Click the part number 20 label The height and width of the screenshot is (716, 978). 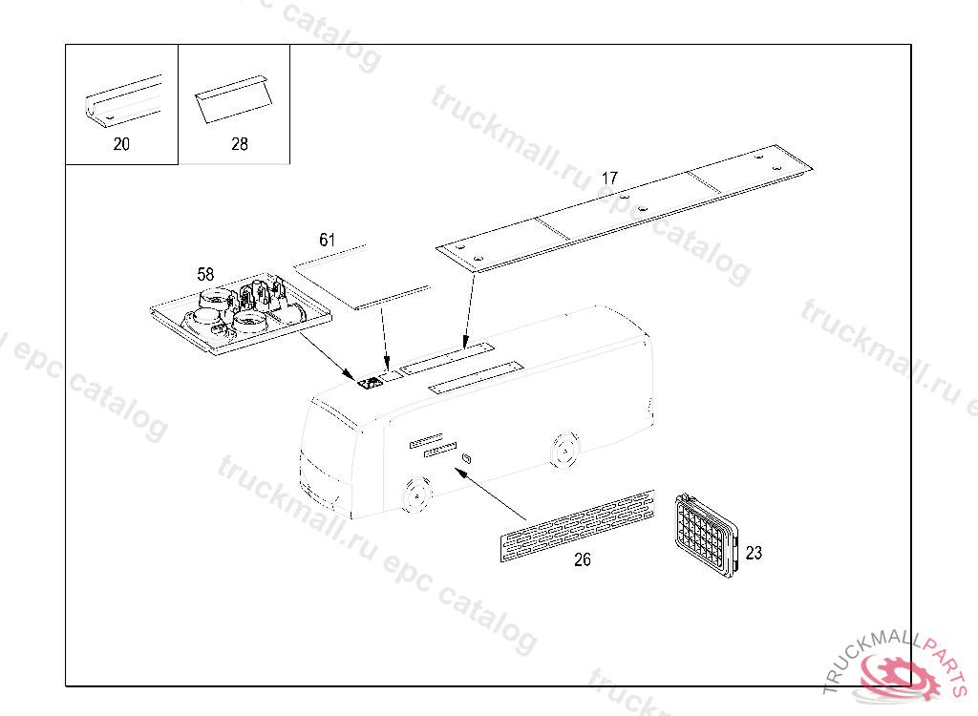[x=121, y=144]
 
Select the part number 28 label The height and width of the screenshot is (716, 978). [x=240, y=144]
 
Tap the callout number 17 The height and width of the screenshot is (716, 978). [x=609, y=179]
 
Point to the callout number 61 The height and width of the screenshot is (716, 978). [x=328, y=241]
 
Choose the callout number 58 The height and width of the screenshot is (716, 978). [x=205, y=274]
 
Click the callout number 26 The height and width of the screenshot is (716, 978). [x=582, y=559]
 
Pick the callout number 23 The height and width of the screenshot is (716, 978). [x=754, y=553]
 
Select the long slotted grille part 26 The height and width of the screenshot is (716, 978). [x=578, y=526]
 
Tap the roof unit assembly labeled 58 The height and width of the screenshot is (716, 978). [x=242, y=313]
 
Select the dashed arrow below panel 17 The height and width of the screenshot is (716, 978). [x=469, y=311]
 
